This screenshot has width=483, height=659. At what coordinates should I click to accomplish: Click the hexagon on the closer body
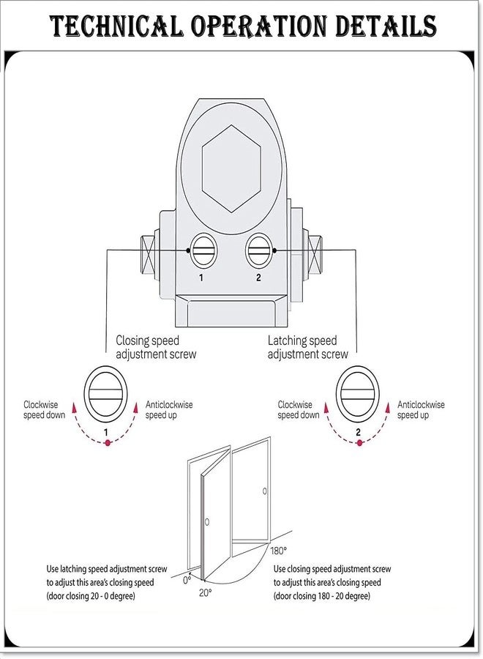click(231, 168)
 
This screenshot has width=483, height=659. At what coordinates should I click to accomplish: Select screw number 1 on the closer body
click(203, 251)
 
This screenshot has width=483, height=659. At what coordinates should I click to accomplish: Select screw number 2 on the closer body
click(258, 251)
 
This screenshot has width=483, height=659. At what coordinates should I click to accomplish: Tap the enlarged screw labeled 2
click(357, 394)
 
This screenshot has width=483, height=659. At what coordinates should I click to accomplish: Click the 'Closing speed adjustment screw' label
click(156, 347)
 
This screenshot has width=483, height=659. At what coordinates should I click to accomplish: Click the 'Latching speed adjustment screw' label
click(308, 347)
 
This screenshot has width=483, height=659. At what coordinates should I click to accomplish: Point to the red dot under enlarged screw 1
click(108, 442)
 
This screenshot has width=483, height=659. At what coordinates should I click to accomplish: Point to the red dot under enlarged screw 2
click(359, 442)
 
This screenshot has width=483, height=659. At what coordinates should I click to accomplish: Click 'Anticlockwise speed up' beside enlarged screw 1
click(169, 410)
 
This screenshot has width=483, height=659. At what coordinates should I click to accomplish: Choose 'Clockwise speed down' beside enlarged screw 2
click(298, 410)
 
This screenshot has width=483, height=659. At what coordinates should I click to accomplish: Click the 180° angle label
click(279, 551)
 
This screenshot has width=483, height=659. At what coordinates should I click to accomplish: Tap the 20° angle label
click(206, 593)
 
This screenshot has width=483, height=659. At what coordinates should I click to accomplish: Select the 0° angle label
click(187, 581)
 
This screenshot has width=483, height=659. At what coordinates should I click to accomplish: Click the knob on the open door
click(206, 522)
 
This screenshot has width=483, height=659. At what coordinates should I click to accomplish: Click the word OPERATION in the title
click(259, 26)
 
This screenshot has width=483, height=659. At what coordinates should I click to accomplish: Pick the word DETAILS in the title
click(386, 26)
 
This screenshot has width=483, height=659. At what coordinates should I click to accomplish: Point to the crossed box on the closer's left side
click(147, 255)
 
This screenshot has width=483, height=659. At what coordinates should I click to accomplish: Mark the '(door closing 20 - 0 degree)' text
click(91, 596)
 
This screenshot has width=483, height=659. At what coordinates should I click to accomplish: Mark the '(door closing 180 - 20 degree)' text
click(322, 596)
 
